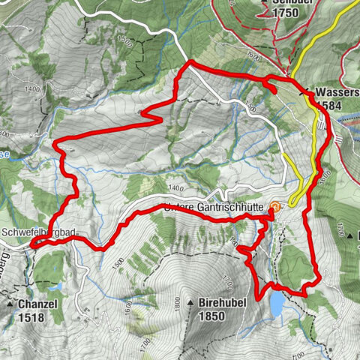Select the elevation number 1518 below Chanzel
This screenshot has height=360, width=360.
(x=28, y=318)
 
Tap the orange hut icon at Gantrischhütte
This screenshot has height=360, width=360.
(x=275, y=208)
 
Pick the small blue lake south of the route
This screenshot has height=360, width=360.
(x=277, y=303)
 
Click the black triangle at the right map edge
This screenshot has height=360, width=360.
(x=351, y=235)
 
